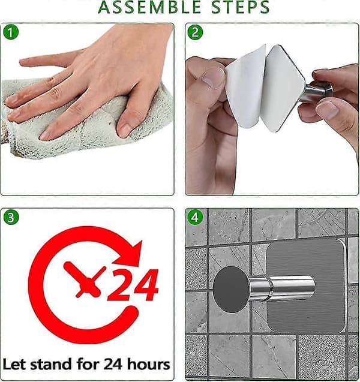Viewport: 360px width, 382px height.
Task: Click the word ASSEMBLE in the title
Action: tap(149, 7)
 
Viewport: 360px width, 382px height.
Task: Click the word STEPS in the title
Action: tap(240, 7)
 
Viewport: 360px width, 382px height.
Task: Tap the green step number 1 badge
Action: tap(11, 32)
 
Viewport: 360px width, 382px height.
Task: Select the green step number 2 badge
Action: tap(195, 32)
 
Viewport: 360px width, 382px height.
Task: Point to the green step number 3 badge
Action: tap(11, 217)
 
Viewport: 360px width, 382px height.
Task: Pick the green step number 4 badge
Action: tap(195, 217)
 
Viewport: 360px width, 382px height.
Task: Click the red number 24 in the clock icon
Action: tap(133, 285)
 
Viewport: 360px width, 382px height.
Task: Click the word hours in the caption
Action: tap(148, 365)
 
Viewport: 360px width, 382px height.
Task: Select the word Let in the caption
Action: tap(14, 365)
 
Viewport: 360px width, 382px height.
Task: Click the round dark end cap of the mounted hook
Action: tap(232, 289)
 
